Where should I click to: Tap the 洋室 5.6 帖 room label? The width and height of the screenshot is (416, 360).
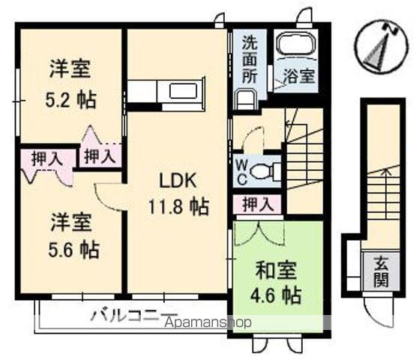pyautogui.click(x=71, y=234)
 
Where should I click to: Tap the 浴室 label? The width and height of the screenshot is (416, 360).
pyautogui.click(x=298, y=76)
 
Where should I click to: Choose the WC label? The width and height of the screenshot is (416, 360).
pyautogui.click(x=244, y=171)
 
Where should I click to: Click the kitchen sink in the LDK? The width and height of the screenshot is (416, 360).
pyautogui.click(x=182, y=92)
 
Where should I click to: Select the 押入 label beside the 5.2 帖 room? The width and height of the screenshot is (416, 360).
pyautogui.click(x=99, y=156)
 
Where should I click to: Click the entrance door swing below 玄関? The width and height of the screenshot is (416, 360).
pyautogui.click(x=379, y=307)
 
